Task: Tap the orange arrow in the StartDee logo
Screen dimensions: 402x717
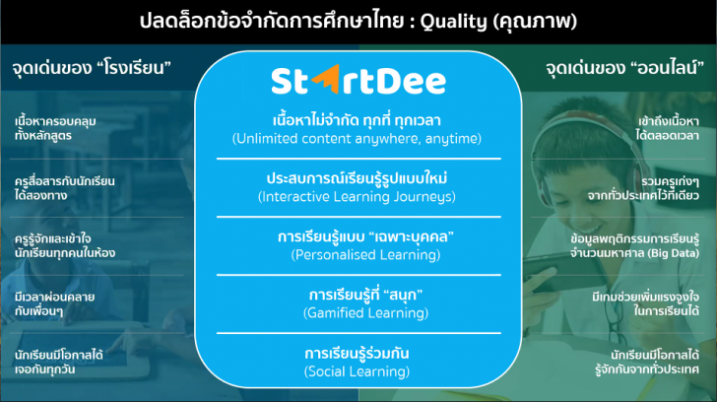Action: tap(325, 78)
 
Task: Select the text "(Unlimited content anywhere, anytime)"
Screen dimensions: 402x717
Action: tap(358, 139)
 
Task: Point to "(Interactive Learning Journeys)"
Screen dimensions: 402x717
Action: tap(358, 197)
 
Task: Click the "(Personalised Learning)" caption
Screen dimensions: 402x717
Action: tap(358, 254)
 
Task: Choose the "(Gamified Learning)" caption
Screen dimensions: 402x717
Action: tap(358, 312)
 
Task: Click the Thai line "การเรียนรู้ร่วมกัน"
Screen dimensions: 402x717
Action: tap(358, 352)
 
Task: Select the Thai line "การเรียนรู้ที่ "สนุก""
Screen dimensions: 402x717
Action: tap(358, 294)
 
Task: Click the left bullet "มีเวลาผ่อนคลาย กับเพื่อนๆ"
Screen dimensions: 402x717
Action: tap(55, 301)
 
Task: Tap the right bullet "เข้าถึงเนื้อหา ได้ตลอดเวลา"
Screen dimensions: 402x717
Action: tap(671, 129)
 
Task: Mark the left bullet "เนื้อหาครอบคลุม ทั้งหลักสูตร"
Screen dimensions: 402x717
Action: tap(55, 129)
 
